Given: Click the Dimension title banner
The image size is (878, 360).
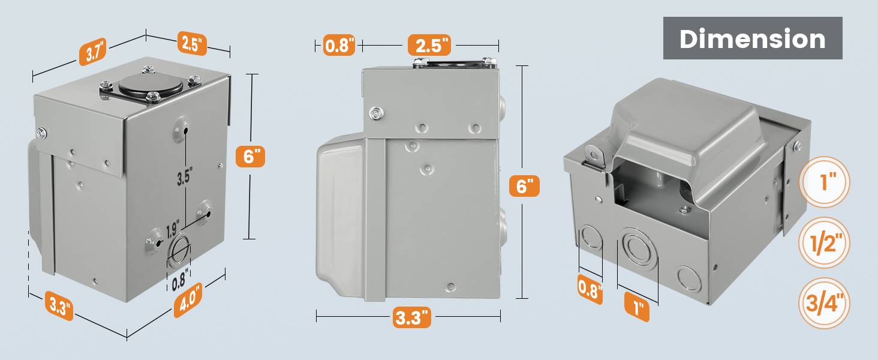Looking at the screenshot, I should (752, 39).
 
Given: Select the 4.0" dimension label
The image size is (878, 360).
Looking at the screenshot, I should (188, 300).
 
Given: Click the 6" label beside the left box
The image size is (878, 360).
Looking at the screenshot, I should (249, 157).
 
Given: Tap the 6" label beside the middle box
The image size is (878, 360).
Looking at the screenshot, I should (524, 186).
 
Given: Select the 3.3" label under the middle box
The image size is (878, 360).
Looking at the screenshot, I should (413, 316).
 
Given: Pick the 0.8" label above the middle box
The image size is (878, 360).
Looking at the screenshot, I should (339, 45).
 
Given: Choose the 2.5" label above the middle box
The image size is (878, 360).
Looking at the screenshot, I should (429, 45).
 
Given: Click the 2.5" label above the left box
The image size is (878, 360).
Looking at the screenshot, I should (192, 43).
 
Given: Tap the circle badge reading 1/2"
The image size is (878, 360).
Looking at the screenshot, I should (825, 243).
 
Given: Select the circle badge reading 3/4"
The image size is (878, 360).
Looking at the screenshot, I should (825, 303).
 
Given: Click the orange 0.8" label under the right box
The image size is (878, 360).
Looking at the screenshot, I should (590, 289).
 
